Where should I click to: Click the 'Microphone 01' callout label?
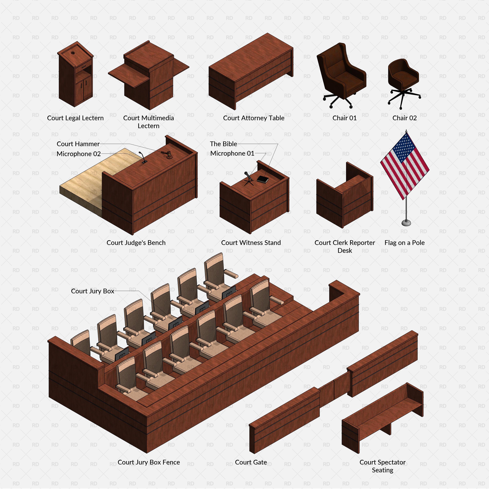click(x=232, y=153)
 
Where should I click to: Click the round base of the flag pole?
click(x=406, y=223)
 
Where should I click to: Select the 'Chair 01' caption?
click(x=344, y=118)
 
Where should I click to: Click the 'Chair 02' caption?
click(x=404, y=118)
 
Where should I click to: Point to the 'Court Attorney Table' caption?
click(x=254, y=118)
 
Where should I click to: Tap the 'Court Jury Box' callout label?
click(x=92, y=291)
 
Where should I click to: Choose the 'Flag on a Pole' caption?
click(x=404, y=243)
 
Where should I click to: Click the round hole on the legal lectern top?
click(x=73, y=53)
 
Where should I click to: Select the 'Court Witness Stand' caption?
click(x=251, y=243)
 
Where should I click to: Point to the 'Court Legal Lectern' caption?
click(x=75, y=118)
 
